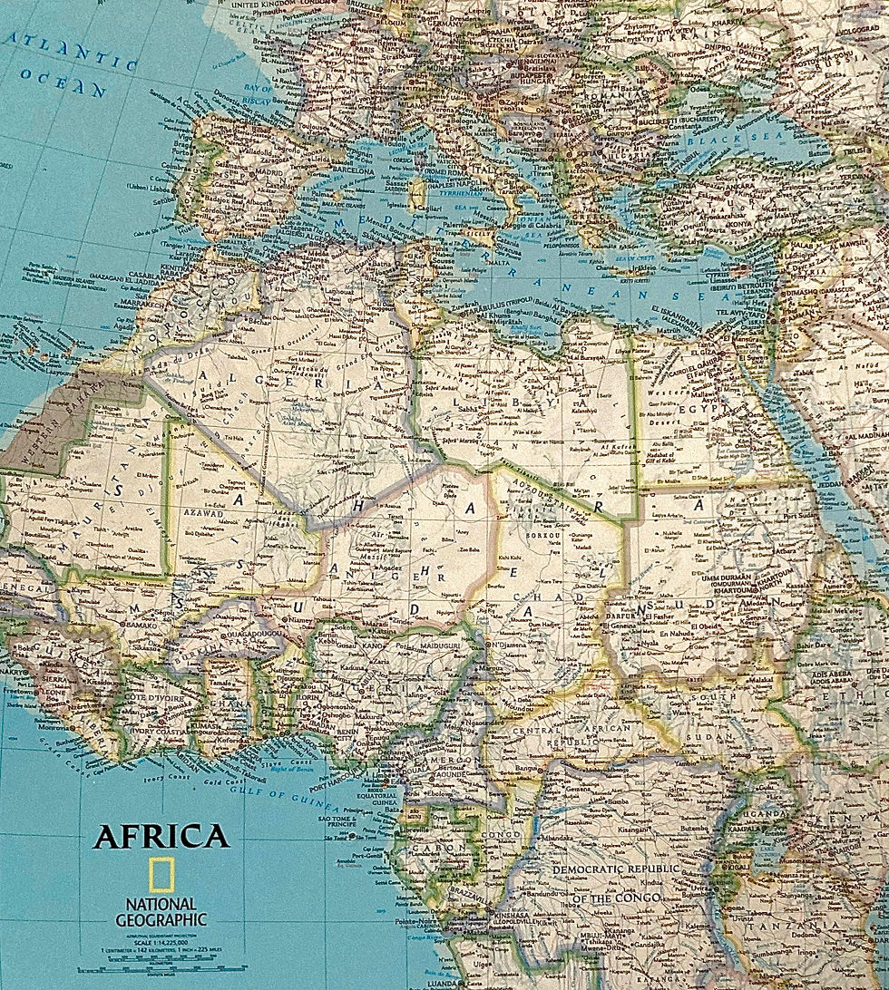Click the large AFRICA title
(x=161, y=835)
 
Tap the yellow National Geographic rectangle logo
(x=161, y=875)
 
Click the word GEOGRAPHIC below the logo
(x=161, y=919)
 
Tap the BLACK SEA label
(x=717, y=141)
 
